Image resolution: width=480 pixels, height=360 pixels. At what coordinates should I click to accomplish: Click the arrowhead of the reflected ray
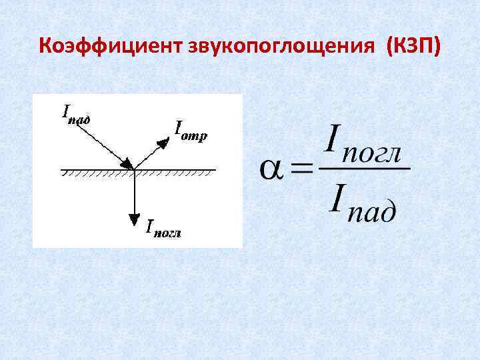pyautogui.click(x=162, y=141)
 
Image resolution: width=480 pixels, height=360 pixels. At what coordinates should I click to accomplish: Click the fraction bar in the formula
pyautogui.click(x=364, y=168)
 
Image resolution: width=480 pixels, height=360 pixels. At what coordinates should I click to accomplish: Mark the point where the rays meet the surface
pyautogui.click(x=135, y=170)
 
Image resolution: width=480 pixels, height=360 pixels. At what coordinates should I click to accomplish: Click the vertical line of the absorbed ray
pyautogui.click(x=135, y=193)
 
